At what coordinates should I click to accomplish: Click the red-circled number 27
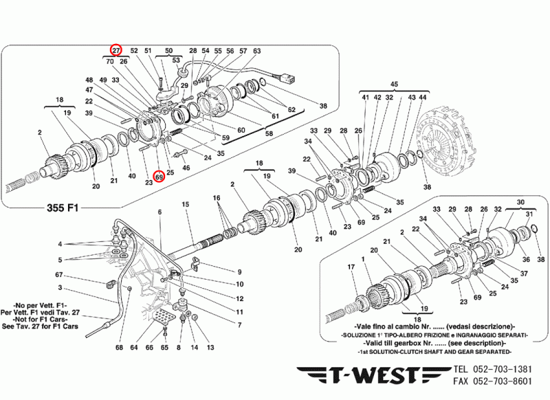[116, 50]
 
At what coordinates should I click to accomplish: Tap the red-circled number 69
[158, 177]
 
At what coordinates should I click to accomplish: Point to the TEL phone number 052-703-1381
[501, 369]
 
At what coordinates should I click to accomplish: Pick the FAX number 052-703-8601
[501, 381]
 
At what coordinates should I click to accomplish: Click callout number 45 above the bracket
[395, 85]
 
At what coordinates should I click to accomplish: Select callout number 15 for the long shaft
[185, 205]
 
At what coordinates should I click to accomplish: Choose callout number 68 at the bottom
[119, 348]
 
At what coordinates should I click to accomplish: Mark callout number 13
[210, 348]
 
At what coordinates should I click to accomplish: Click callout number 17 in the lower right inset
[351, 267]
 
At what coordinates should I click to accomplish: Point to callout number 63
[256, 51]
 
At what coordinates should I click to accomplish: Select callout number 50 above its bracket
[169, 51]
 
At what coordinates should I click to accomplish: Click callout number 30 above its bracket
[520, 203]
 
